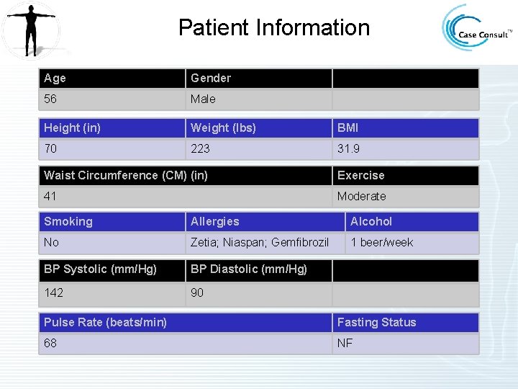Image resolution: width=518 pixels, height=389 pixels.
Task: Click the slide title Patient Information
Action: pos(273,28)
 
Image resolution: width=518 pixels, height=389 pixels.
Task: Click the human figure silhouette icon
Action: pos(29,29)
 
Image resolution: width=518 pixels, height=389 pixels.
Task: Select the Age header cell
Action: pos(55,78)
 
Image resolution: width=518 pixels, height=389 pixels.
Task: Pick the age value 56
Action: pos(50,99)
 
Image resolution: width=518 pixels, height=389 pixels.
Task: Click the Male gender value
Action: pos(203,99)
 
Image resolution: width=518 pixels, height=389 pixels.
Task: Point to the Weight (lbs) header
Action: pos(223,128)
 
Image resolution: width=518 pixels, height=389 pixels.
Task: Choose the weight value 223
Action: pos(200,148)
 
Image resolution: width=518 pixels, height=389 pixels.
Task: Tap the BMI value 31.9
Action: pos(349,148)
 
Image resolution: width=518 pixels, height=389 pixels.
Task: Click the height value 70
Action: pos(50,148)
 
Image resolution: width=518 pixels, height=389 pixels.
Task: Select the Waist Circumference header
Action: pos(126,175)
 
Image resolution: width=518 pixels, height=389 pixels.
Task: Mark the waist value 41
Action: pos(50,196)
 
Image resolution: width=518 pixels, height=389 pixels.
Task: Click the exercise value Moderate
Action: pos(361,196)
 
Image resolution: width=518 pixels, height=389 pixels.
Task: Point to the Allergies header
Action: pos(214,221)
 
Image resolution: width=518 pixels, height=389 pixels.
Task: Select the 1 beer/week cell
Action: pos(381,242)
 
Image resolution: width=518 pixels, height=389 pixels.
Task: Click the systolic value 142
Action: pos(53,292)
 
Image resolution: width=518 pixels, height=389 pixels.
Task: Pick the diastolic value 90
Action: pos(197,292)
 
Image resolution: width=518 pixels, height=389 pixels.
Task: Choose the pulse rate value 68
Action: pos(50,343)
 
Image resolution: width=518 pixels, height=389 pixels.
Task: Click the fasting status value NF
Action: pos(345,343)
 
